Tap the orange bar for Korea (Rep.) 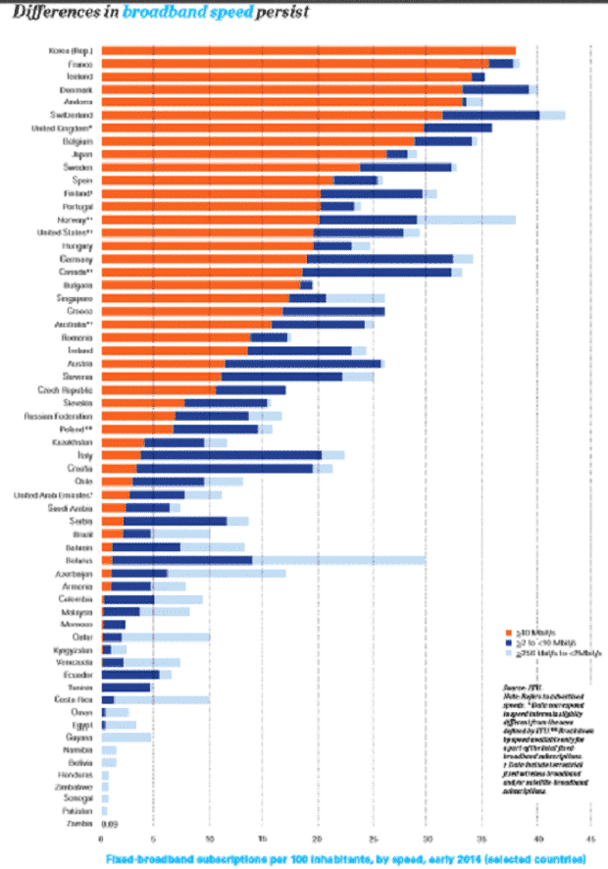308,50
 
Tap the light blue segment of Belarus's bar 338,559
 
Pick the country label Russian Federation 59,416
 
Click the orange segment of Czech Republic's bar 159,389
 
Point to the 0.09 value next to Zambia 110,824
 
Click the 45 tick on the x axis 588,840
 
